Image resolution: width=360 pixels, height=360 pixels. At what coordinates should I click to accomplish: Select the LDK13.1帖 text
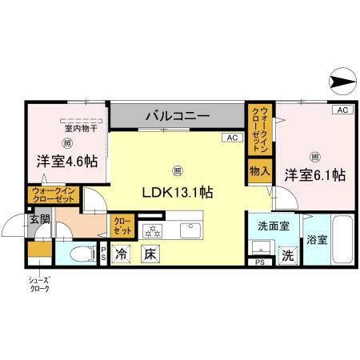(x=177, y=192)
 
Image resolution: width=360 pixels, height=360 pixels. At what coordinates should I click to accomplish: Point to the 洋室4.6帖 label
(x=66, y=162)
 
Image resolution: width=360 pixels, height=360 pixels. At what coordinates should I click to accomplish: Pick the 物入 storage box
(x=258, y=171)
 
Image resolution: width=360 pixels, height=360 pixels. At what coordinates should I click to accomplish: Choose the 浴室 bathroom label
(x=316, y=239)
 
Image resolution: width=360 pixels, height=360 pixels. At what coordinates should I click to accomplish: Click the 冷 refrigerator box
(x=122, y=255)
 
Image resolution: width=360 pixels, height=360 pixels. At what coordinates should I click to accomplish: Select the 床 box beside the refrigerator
(x=149, y=255)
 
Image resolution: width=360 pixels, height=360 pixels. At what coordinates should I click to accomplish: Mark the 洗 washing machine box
(x=286, y=256)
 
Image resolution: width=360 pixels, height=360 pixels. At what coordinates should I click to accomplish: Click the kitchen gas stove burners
(x=152, y=232)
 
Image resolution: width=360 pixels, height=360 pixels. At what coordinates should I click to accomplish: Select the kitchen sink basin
(x=191, y=232)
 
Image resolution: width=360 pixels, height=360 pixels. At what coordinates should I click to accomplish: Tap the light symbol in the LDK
(x=177, y=169)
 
